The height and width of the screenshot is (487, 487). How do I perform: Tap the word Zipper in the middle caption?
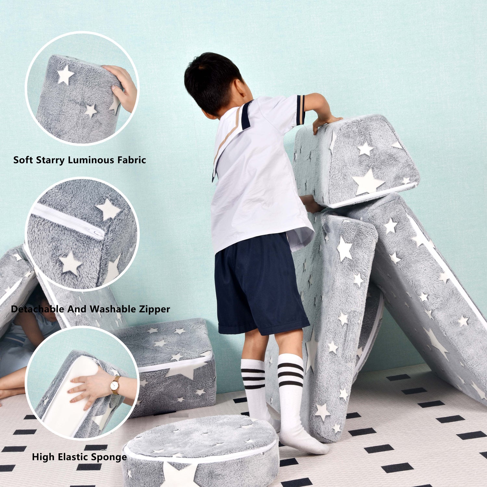pyautogui.click(x=154, y=309)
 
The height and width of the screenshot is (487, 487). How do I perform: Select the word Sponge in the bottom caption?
pyautogui.click(x=109, y=457)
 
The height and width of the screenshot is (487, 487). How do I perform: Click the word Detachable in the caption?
pyautogui.click(x=38, y=309)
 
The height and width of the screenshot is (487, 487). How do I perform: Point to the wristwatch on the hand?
pyautogui.click(x=115, y=385)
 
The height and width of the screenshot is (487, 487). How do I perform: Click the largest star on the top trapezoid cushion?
pyautogui.click(x=368, y=182)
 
